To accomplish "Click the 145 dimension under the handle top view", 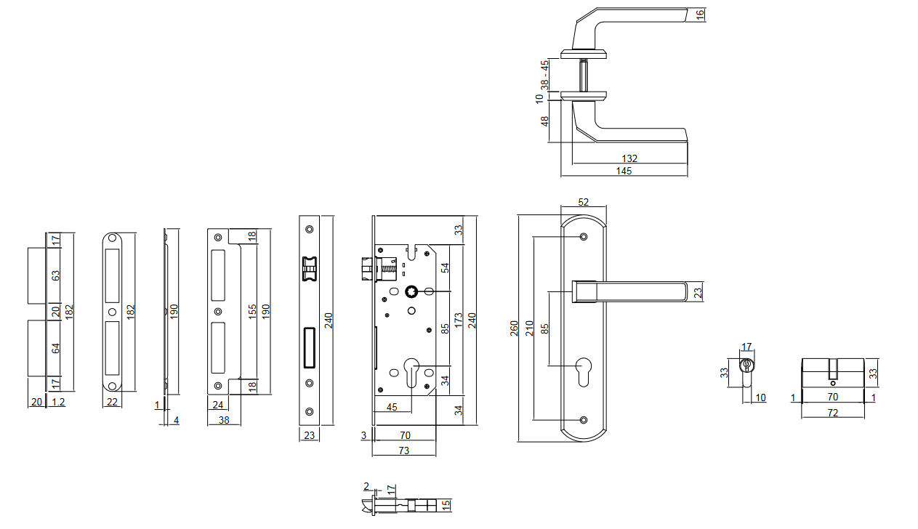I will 624,171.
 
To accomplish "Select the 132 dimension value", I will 629,158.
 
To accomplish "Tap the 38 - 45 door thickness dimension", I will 544,74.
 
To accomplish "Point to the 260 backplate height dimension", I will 514,328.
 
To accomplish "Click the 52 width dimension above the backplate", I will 583,202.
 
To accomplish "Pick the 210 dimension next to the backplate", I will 529,328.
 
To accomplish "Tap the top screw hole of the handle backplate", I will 583,236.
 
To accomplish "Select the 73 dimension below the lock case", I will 404,451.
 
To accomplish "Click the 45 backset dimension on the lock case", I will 392,406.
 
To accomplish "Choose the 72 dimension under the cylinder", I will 833,413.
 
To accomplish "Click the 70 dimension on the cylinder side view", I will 833,397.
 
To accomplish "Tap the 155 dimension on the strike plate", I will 251,311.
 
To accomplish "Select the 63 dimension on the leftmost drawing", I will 56,276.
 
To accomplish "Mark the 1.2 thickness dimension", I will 59,403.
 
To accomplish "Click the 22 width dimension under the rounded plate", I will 112,403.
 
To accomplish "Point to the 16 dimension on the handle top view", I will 701,15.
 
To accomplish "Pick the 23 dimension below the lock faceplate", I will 309,436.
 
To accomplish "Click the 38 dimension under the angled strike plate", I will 225,420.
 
